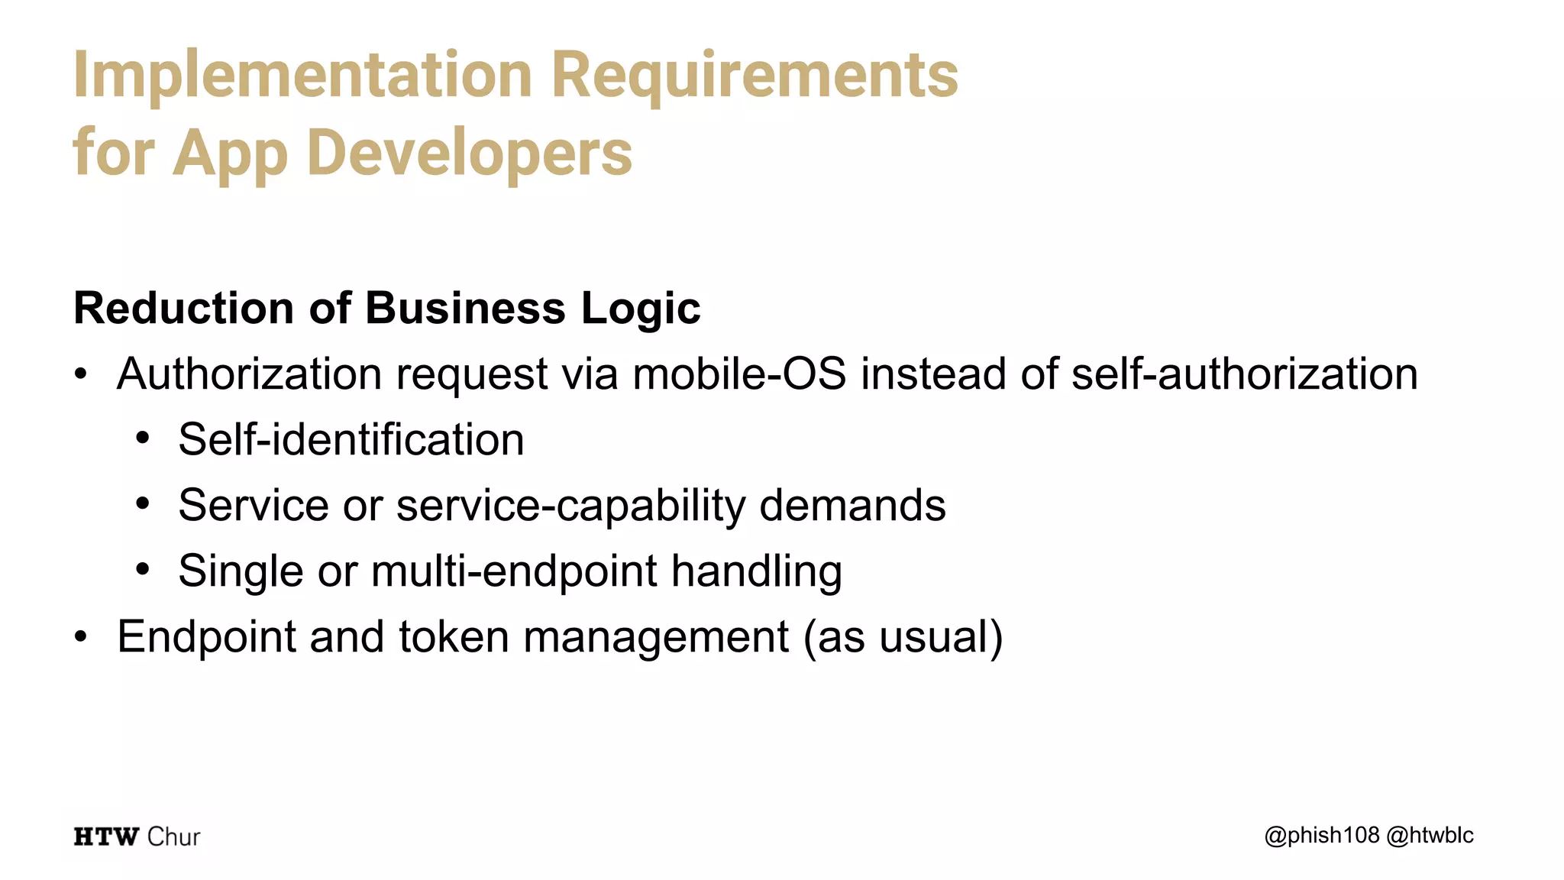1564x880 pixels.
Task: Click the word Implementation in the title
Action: click(302, 75)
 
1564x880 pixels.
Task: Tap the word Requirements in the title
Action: click(755, 75)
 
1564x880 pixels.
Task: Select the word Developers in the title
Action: click(470, 153)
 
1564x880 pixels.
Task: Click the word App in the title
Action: click(231, 153)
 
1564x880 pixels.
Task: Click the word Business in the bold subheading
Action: click(465, 308)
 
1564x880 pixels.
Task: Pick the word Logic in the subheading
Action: click(641, 308)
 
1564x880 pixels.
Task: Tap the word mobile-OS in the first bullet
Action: click(739, 374)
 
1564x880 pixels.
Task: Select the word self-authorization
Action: click(1244, 374)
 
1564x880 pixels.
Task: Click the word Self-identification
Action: click(351, 440)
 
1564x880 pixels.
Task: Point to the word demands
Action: click(852, 506)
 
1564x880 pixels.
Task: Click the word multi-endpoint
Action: click(514, 571)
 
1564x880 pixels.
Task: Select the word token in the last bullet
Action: click(454, 637)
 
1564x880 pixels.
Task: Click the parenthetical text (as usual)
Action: click(903, 637)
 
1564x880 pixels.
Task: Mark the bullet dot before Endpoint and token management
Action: click(81, 637)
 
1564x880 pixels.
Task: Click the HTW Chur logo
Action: click(137, 836)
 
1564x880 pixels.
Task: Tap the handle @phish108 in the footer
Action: click(1322, 836)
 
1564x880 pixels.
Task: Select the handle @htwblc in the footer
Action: click(1430, 836)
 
